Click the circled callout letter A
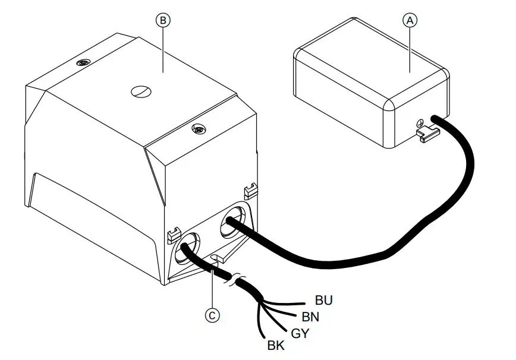(410, 21)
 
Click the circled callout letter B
(163, 21)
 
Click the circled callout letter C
(212, 315)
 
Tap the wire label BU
(324, 300)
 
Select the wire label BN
(310, 317)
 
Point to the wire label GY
(300, 333)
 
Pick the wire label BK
(276, 346)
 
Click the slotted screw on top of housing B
(141, 91)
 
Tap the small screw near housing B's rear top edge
(83, 62)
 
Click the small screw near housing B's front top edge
(199, 129)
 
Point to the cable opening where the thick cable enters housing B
(233, 220)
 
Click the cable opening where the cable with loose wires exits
(187, 248)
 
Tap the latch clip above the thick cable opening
(250, 191)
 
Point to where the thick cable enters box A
(435, 118)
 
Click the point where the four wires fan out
(261, 301)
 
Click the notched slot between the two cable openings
(216, 257)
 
